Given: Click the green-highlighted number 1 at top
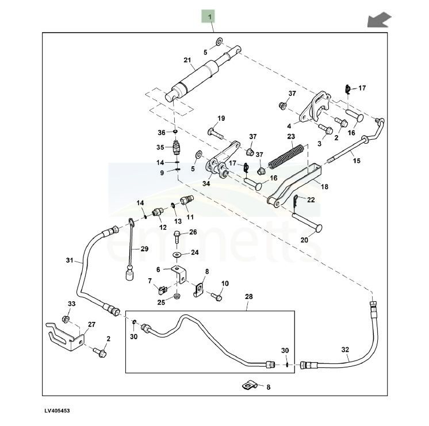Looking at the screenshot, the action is pyautogui.click(x=210, y=17).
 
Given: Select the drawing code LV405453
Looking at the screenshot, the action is pyautogui.click(x=57, y=410).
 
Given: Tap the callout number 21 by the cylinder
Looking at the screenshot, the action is pyautogui.click(x=187, y=60).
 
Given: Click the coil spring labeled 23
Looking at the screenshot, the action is pyautogui.click(x=286, y=156).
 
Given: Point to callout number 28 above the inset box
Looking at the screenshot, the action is pyautogui.click(x=248, y=297).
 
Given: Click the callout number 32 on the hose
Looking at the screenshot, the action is pyautogui.click(x=345, y=350).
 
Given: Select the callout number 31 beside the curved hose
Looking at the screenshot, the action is pyautogui.click(x=70, y=260).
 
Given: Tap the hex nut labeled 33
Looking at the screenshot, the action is pyautogui.click(x=66, y=319).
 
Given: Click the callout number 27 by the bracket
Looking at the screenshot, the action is pyautogui.click(x=91, y=324).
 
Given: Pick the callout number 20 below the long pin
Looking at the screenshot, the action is pyautogui.click(x=304, y=240).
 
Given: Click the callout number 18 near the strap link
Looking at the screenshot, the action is pyautogui.click(x=324, y=187).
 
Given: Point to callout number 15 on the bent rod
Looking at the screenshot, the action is pyautogui.click(x=357, y=160).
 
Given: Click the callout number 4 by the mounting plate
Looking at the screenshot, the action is pyautogui.click(x=289, y=126).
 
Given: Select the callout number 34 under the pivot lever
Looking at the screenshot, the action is pyautogui.click(x=206, y=183).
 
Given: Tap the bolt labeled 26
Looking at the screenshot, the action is pyautogui.click(x=177, y=237).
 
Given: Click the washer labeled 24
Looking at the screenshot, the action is pyautogui.click(x=177, y=255).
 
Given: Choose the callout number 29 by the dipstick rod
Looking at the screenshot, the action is pyautogui.click(x=144, y=249).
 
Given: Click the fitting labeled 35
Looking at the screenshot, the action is pyautogui.click(x=177, y=147).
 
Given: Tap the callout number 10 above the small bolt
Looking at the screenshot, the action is pyautogui.click(x=225, y=283).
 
